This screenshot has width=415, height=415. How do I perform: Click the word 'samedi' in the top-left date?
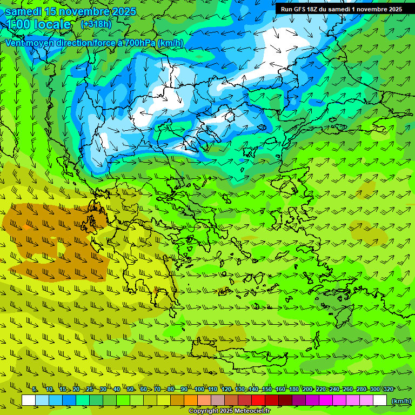[19, 11]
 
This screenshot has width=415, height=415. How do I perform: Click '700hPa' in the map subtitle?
[142, 43]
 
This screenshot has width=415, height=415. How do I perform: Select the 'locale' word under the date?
[51, 24]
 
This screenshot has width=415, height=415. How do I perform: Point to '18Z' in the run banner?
[313, 9]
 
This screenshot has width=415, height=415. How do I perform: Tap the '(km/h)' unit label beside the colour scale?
[400, 400]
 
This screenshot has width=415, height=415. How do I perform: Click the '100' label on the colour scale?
[199, 389]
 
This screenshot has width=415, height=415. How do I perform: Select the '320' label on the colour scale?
[388, 389]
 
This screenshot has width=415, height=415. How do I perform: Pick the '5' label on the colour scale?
[35, 389]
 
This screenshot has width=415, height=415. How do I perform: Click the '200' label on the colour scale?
[307, 389]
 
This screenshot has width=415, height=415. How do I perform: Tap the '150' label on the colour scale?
[267, 389]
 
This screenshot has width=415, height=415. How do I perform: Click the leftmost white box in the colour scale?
[29, 400]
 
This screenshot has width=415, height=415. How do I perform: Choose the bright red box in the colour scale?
[258, 400]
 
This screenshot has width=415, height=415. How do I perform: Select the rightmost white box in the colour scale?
[380, 400]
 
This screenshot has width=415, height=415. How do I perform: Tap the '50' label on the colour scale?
[130, 389]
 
